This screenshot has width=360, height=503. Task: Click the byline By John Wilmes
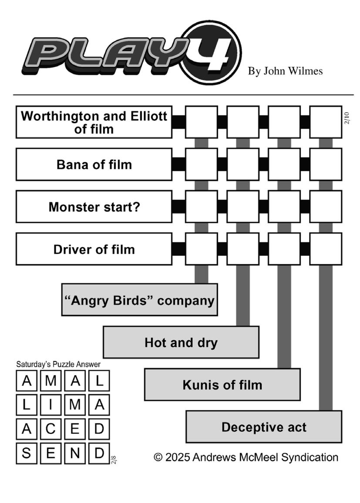[285, 71]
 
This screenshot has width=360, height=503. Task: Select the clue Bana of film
[94, 164]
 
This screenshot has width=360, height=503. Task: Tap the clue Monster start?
[94, 207]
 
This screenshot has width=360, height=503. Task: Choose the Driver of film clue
[94, 249]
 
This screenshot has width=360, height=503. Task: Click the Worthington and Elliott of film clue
[94, 122]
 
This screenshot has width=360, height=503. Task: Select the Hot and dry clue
[181, 342]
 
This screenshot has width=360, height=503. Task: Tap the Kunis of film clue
[222, 385]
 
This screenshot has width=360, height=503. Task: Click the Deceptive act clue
[264, 427]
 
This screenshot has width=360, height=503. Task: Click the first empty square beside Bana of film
[202, 164]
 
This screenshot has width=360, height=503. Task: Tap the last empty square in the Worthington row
[326, 122]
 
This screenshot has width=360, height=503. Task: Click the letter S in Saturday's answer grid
[27, 453]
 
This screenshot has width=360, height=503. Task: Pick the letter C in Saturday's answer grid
[50, 429]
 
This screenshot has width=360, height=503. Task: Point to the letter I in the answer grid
[50, 405]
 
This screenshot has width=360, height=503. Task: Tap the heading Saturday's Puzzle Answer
[58, 365]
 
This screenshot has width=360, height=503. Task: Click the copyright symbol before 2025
[158, 457]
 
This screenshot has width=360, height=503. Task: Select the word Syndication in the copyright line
[310, 457]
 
